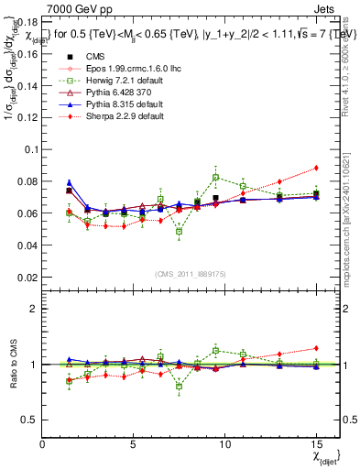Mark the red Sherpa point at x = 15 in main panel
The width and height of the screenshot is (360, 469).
point(316,168)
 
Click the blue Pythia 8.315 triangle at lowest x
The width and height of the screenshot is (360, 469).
point(69,182)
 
